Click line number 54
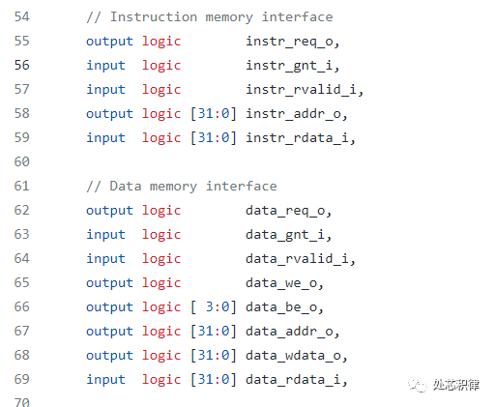[22, 16]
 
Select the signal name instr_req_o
[289, 43]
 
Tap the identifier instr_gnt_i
[289, 66]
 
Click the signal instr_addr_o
[293, 114]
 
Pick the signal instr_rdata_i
[297, 138]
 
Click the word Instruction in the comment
[154, 16]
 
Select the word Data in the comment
[126, 186]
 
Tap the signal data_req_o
[285, 212]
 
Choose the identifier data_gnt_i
[285, 235]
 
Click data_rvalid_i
[297, 259]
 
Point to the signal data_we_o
[281, 283]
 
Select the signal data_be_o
[281, 307]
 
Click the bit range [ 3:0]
[214, 307]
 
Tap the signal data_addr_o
[289, 332]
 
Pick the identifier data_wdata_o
[293, 356]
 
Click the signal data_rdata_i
[293, 380]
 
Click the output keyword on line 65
[109, 283]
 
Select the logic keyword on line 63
[161, 235]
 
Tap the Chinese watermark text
[456, 385]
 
